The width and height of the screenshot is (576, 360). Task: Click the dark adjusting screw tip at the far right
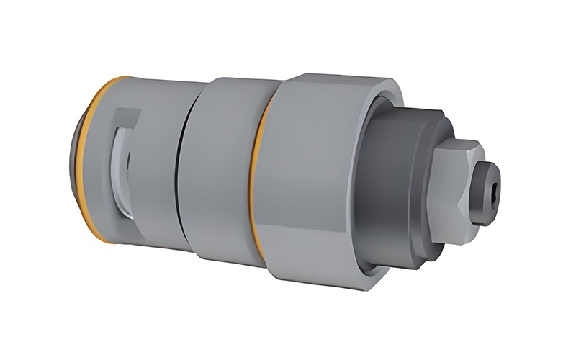488,192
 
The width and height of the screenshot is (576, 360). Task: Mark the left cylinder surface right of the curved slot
155,166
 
